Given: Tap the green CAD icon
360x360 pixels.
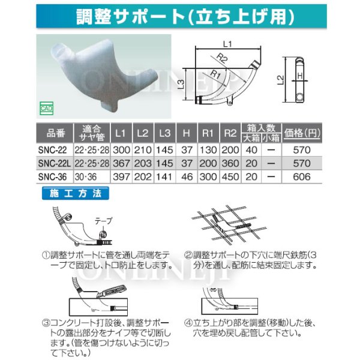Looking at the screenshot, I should pos(46,109).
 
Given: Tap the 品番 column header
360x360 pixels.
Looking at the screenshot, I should pos(53,133).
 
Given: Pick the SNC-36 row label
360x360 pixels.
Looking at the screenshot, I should pos(52,177).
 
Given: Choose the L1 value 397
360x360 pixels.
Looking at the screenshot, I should pos(120,177).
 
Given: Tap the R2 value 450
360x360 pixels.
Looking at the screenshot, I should pos(228,177).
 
